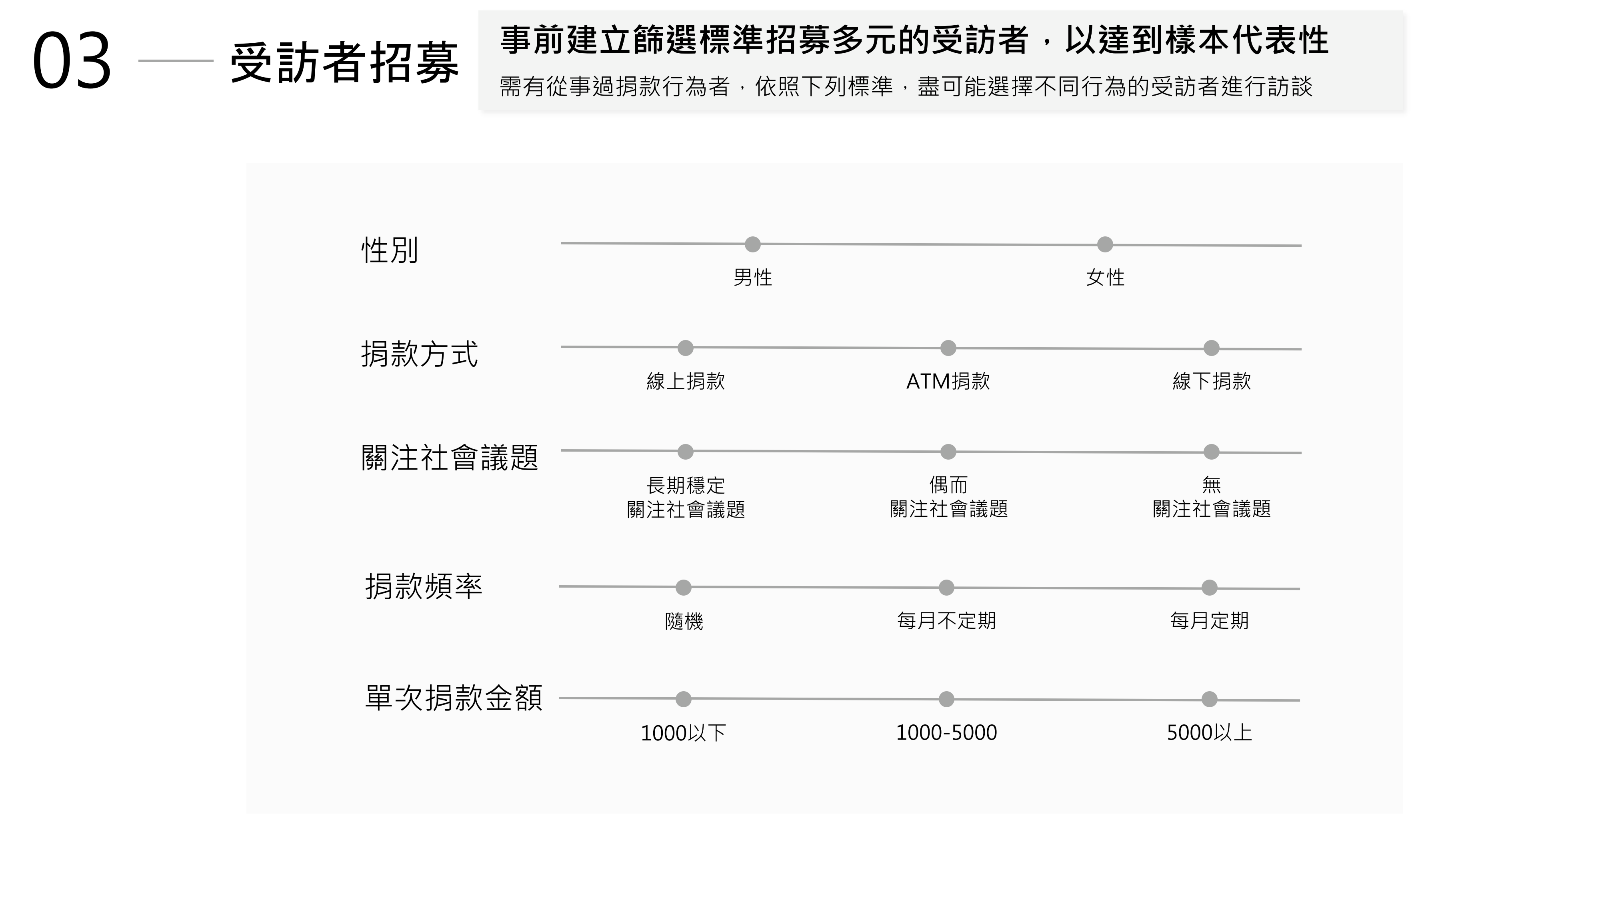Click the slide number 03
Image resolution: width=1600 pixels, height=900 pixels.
coord(72,61)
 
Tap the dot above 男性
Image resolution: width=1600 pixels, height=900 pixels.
coord(752,244)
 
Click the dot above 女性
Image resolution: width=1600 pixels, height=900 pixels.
coord(1105,244)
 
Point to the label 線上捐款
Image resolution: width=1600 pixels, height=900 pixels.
coord(686,381)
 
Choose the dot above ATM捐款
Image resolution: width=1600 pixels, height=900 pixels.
coord(948,348)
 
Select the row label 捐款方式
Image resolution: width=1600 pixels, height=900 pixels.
coord(419,354)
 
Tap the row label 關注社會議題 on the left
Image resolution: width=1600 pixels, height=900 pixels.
coord(450,458)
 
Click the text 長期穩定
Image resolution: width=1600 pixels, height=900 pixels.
coord(686,484)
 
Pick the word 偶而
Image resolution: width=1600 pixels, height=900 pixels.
coord(948,484)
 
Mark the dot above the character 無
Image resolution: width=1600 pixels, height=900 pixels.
coord(1211,452)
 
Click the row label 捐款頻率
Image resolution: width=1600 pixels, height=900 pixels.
coord(424,586)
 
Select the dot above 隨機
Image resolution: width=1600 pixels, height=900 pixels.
coord(683,588)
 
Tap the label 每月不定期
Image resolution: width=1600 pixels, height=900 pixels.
coord(946,620)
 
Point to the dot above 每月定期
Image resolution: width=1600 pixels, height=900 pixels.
coord(1209,588)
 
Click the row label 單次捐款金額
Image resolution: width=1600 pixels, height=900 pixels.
coord(454,698)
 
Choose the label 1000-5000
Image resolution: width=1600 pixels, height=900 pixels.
coord(946,733)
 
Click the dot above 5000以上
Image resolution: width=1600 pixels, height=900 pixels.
coord(1209,699)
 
